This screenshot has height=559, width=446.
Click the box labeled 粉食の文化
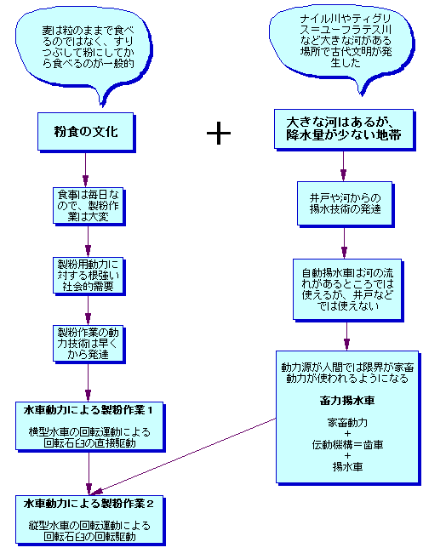coord(86,132)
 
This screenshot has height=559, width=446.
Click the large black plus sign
coord(219,133)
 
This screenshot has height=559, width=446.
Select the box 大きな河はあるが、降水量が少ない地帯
coord(345,129)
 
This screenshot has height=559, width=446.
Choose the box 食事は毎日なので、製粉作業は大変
coord(89,206)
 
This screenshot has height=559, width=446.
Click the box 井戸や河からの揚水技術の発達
coord(346,204)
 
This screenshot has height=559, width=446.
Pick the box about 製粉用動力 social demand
coord(89,276)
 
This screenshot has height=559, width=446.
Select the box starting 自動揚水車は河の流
coord(348,290)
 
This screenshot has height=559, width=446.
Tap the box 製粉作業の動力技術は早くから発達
coord(89,344)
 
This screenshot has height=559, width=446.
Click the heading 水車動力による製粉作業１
coord(88,410)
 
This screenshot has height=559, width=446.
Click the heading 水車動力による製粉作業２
coord(89,504)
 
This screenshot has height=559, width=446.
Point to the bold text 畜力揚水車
coord(347,401)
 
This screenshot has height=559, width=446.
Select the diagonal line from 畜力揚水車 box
coord(184,456)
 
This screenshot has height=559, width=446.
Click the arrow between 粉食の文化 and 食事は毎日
coord(86,169)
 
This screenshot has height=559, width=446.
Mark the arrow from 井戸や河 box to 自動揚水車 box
coord(344,242)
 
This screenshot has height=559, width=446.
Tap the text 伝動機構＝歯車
coord(347,444)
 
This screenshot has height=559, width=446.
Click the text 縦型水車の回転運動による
coord(89,526)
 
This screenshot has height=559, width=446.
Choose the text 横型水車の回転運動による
coord(89,432)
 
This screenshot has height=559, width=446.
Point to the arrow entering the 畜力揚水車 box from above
coord(346,336)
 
